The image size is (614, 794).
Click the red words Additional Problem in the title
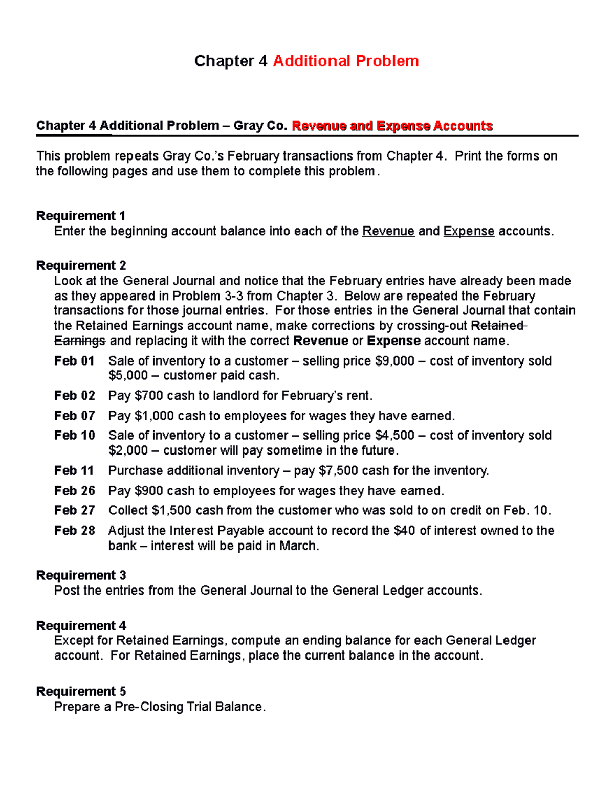pyautogui.click(x=345, y=61)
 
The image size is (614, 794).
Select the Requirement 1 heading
pyautogui.click(x=81, y=216)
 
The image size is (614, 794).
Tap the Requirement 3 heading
pyautogui.click(x=81, y=575)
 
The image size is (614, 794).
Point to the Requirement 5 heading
pyautogui.click(x=81, y=691)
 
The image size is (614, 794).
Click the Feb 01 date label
pyautogui.click(x=74, y=361)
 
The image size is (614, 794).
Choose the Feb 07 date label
pyautogui.click(x=74, y=416)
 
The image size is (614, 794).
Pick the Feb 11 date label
pyautogui.click(x=74, y=470)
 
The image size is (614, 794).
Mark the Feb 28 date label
pyautogui.click(x=74, y=531)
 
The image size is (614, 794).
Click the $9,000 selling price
pyautogui.click(x=394, y=361)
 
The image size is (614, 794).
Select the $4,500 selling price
pyautogui.click(x=394, y=435)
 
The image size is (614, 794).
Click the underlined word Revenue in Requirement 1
pyautogui.click(x=388, y=231)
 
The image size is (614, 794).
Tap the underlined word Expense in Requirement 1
pyautogui.click(x=469, y=231)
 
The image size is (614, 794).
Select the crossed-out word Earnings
pyautogui.click(x=79, y=341)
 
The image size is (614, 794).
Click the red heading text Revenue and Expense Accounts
pyautogui.click(x=392, y=126)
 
